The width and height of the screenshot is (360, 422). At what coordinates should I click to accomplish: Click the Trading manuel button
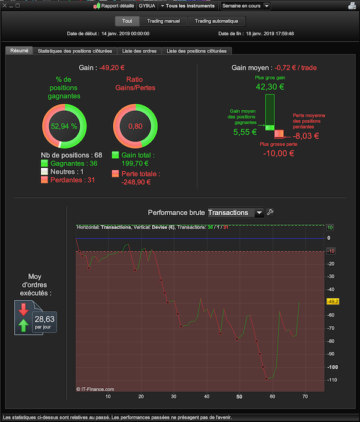coord(163,21)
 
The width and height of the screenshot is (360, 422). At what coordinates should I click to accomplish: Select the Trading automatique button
coord(217,21)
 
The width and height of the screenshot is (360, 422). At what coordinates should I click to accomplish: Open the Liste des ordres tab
coord(139,51)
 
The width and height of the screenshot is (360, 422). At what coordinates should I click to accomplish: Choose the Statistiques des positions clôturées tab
coord(75,51)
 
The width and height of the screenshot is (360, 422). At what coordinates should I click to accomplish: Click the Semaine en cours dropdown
coord(245,5)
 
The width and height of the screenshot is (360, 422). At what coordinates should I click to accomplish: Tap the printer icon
coord(352,5)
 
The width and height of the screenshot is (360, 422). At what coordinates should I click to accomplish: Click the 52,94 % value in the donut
coord(64,126)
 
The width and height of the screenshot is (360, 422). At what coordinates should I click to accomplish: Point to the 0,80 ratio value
coord(135,126)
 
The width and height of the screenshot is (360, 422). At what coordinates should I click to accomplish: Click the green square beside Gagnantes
coord(44,163)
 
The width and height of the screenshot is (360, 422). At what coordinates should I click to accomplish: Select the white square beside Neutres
coord(44,171)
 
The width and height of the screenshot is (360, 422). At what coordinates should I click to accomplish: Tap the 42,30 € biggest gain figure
coord(270,87)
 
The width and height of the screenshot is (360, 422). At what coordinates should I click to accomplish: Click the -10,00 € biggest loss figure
coord(278,153)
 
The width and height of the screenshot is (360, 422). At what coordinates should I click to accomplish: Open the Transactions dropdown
coord(235,213)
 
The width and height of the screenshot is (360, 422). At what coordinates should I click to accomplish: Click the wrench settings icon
coord(270,212)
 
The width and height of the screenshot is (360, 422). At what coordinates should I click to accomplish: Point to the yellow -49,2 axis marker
coord(333,302)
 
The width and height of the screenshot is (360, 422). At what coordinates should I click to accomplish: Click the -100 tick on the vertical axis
coord(332,367)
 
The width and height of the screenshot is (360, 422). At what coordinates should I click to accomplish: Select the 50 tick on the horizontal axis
coord(239,396)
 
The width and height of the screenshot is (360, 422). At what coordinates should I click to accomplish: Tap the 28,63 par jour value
coord(44,322)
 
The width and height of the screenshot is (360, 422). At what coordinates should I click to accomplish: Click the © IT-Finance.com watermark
coord(95,389)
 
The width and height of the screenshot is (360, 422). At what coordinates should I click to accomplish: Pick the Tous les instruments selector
coord(188,5)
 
